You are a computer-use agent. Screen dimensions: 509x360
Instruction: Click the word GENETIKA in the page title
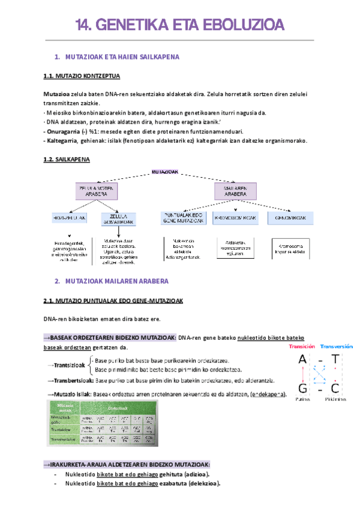pos(131,25)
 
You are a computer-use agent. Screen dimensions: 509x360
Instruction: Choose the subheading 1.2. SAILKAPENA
pos(67,160)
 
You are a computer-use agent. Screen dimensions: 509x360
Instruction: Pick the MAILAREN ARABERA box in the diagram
pos(235,191)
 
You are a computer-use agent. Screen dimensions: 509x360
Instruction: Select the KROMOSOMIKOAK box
pos(235,217)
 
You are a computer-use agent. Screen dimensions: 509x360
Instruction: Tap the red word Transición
pos(302,346)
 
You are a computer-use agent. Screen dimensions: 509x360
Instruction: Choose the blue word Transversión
pos(337,346)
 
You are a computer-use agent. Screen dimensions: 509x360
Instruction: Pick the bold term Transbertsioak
pos(72,381)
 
